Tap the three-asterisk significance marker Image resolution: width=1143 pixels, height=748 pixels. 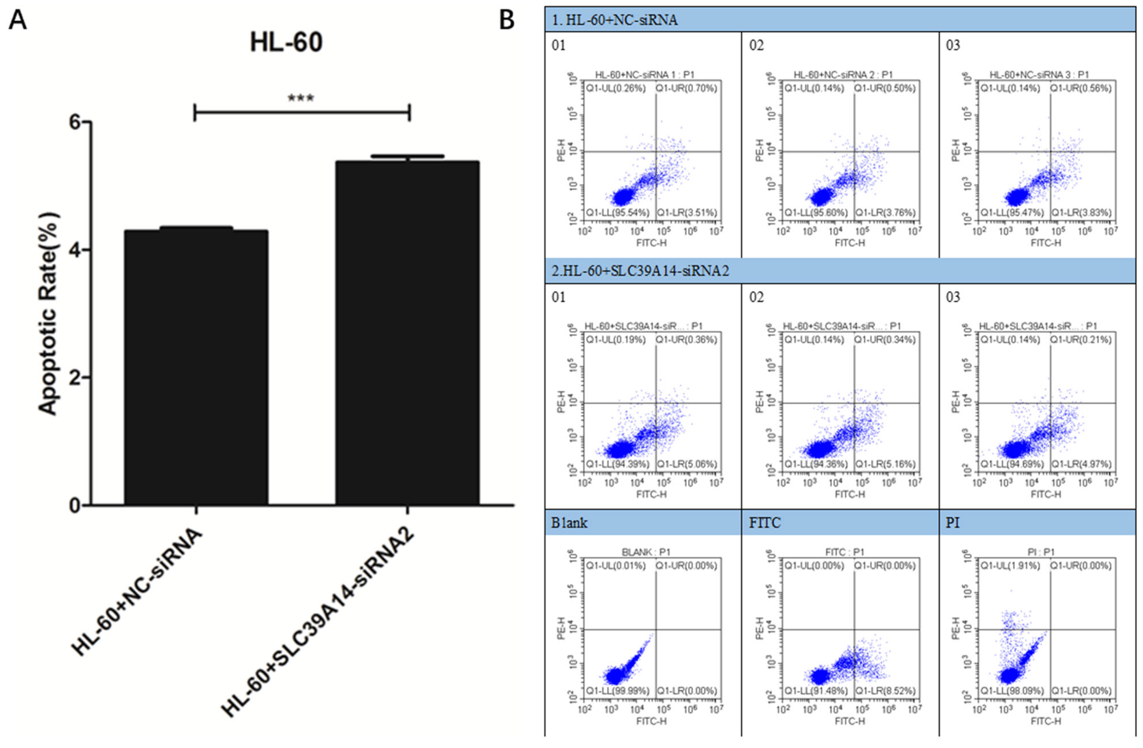(301, 98)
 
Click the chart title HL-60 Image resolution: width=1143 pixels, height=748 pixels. (286, 42)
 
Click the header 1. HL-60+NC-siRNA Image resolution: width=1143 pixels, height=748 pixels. (615, 20)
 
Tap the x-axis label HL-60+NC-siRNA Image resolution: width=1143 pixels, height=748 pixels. (137, 593)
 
